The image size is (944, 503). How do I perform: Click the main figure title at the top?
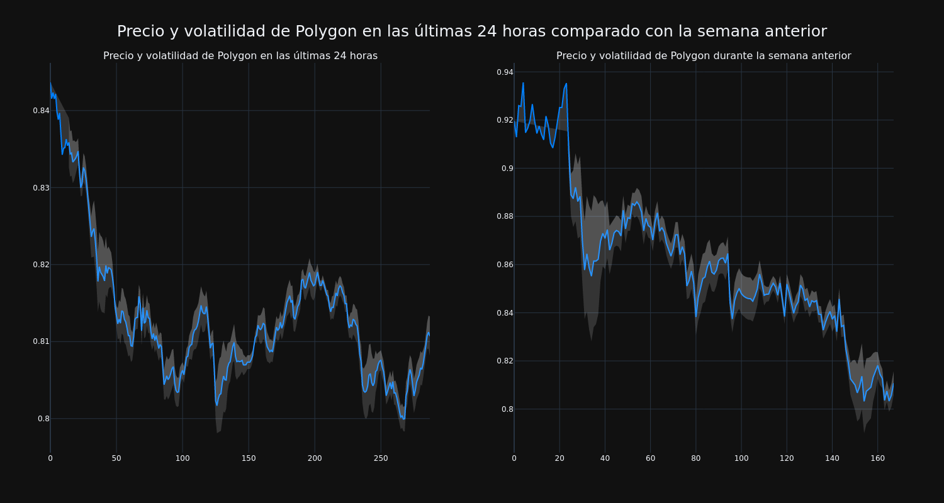(x=472, y=31)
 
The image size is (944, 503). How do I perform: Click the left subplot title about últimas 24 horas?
(x=240, y=56)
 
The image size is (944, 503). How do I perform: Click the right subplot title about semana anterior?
(x=704, y=56)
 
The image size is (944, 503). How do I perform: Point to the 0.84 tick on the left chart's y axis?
(x=41, y=111)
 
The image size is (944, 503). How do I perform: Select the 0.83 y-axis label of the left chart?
(x=41, y=187)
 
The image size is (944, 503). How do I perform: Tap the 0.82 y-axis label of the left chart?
(x=41, y=265)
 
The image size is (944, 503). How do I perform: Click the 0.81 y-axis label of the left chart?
(x=41, y=341)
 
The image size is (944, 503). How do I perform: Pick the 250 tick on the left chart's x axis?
(x=381, y=458)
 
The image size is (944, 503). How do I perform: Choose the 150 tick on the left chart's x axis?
(x=249, y=458)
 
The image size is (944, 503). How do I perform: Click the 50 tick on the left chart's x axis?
(x=116, y=458)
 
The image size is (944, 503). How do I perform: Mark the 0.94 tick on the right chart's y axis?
(x=505, y=72)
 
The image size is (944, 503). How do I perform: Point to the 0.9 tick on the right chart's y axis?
(x=507, y=169)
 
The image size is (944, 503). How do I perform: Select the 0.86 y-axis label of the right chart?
(x=505, y=265)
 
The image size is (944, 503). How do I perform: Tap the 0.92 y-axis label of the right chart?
(x=505, y=120)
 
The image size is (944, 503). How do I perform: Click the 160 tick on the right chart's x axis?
(x=877, y=458)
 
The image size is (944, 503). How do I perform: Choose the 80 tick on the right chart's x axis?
(x=695, y=458)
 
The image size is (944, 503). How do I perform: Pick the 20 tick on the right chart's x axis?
(x=559, y=458)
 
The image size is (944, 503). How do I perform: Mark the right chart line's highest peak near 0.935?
(x=523, y=83)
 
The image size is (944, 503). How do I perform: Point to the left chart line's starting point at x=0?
(x=50, y=83)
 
